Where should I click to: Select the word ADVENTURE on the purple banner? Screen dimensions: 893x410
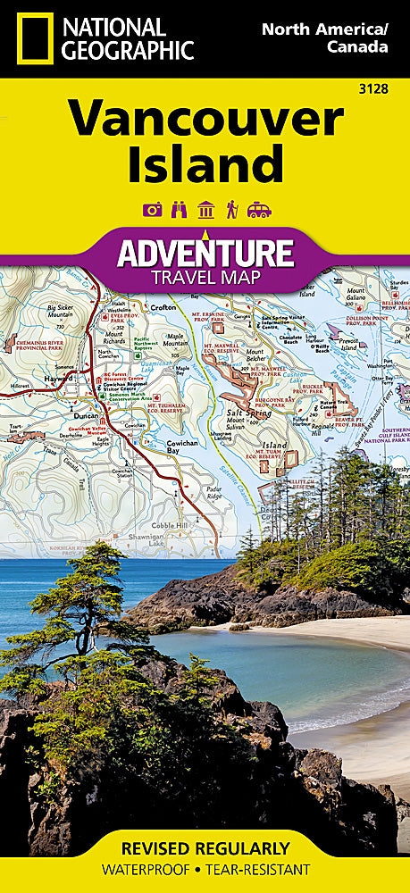tap(205, 253)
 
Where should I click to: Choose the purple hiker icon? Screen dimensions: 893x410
tap(231, 210)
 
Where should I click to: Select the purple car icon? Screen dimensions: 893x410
tap(259, 210)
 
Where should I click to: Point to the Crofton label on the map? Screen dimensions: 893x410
tap(164, 306)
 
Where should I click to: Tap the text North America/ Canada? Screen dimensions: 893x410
tap(324, 38)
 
